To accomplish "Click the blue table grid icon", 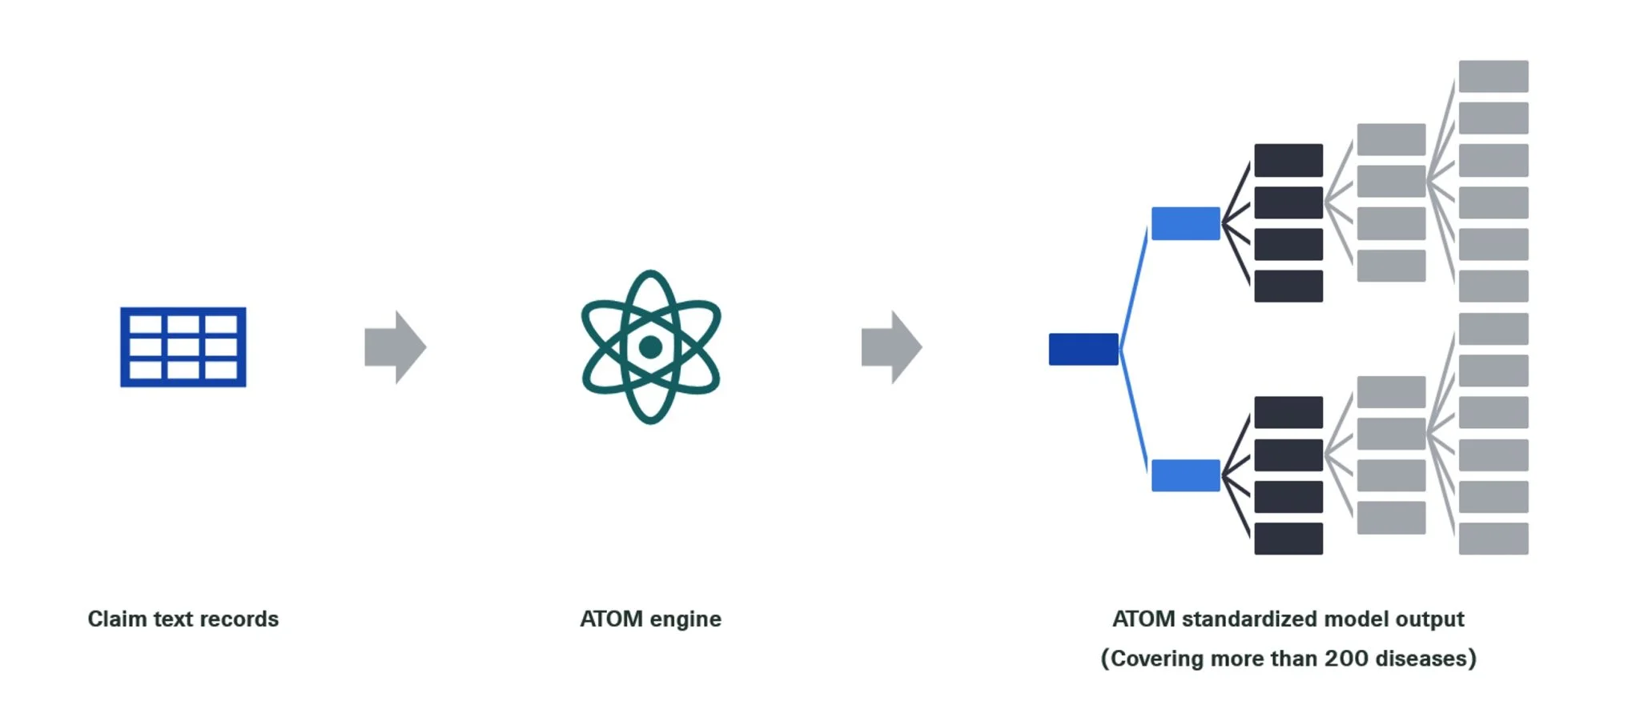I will click(x=183, y=346).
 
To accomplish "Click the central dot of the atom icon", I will click(x=650, y=347).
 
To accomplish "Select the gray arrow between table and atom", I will click(x=394, y=347).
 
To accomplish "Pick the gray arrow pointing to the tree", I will click(x=890, y=347).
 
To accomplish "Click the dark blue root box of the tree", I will click(x=1083, y=349).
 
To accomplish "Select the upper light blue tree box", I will click(x=1185, y=223).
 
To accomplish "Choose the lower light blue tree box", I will click(x=1185, y=475).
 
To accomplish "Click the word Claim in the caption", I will click(x=117, y=619).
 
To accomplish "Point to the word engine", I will click(x=685, y=619).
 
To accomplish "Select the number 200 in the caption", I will click(x=1346, y=658).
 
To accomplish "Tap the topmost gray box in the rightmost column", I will click(x=1493, y=76).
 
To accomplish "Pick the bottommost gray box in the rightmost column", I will click(x=1493, y=539).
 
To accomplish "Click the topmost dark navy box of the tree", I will click(x=1288, y=160).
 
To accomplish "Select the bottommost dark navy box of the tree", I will click(x=1288, y=539).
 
